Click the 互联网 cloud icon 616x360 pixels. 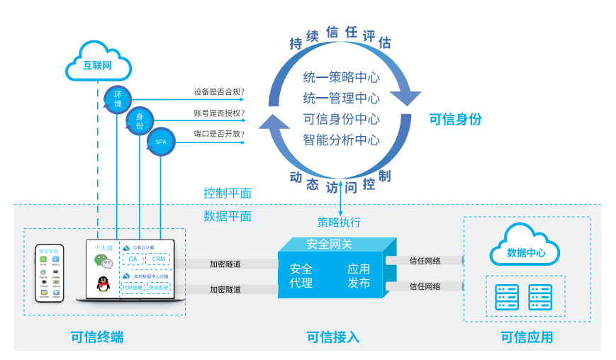point(98,65)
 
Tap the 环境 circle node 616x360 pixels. point(118,99)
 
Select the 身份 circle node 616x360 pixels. point(140,120)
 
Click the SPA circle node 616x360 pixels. point(161,142)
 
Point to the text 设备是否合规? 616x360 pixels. point(219,92)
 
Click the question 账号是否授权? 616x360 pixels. point(219,113)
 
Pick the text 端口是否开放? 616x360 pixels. point(219,134)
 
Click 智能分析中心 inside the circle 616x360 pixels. point(341,140)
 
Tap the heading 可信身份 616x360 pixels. point(455,120)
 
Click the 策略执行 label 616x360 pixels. point(339,223)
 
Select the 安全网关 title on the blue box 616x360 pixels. point(329,244)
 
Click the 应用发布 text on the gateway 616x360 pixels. point(359,276)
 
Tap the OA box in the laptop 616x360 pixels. point(133,259)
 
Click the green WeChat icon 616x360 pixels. point(103,261)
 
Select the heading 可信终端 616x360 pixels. point(97,337)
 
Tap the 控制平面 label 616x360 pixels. point(228,193)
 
